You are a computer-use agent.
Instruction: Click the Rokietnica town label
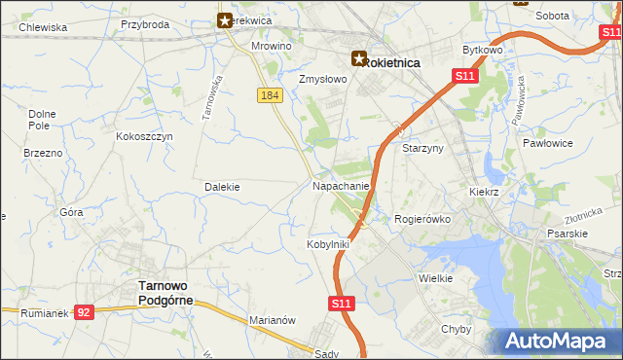(392, 61)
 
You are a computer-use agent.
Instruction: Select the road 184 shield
(271, 94)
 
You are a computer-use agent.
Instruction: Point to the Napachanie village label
(341, 185)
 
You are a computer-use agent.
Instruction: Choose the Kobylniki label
(328, 243)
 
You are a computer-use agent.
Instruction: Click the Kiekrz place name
(484, 193)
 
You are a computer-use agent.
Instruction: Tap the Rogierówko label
(421, 219)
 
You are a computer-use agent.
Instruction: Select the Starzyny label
(422, 148)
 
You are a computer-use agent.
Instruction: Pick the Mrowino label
(272, 46)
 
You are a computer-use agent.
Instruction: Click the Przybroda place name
(145, 24)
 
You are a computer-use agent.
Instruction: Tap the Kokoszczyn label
(144, 137)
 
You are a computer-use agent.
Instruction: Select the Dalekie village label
(222, 186)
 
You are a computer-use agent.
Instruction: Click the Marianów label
(272, 320)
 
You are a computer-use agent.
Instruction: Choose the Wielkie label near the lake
(435, 278)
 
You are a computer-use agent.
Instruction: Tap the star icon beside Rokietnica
(359, 59)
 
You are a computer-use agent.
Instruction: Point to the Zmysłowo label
(322, 80)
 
